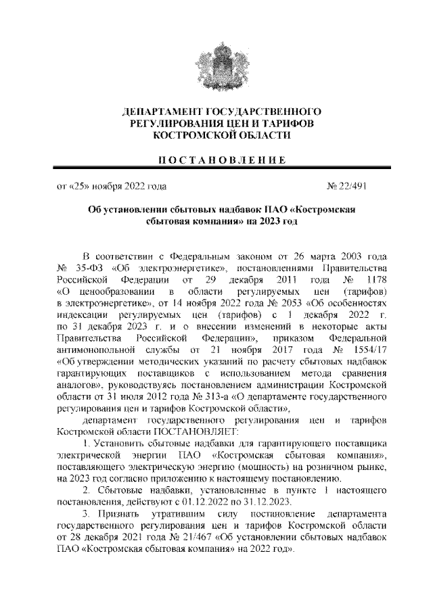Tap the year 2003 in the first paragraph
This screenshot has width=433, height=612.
click(355, 257)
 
